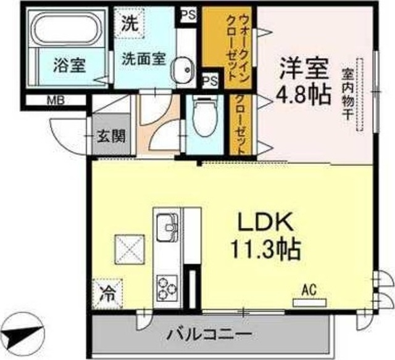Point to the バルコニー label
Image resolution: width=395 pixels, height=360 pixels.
210,335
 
